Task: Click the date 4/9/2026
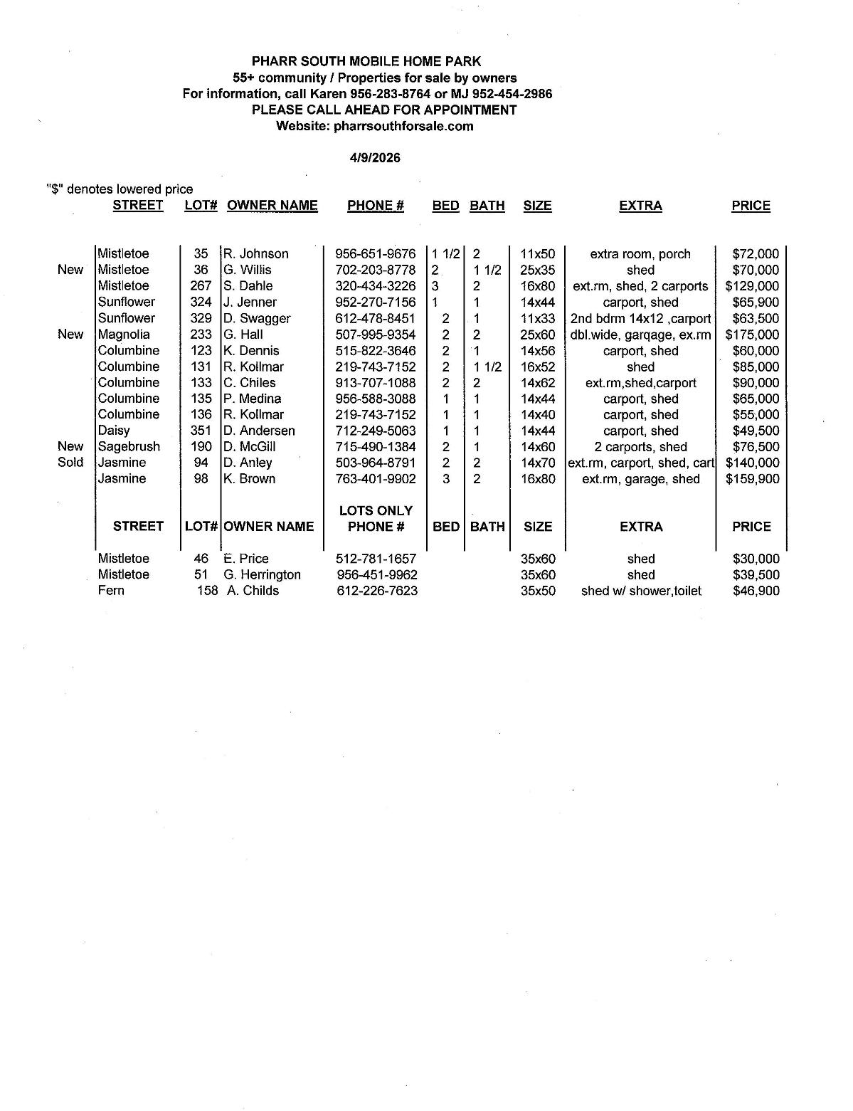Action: tap(375, 158)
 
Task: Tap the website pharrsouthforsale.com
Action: tap(403, 126)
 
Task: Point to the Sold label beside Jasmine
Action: tap(70, 463)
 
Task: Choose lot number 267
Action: tap(201, 286)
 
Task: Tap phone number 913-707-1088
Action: tap(376, 383)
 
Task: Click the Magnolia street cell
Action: tap(124, 335)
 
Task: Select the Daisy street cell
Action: tap(115, 431)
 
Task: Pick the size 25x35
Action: tap(538, 270)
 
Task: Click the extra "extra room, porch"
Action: tap(640, 254)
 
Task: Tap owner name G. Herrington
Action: tap(262, 575)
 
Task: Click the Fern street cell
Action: tap(112, 591)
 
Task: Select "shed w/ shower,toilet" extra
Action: tap(641, 591)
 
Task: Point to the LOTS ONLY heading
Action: tap(376, 511)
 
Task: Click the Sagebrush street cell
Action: tap(129, 447)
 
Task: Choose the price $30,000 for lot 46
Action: tap(756, 559)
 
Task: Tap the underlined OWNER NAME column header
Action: tap(272, 206)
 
